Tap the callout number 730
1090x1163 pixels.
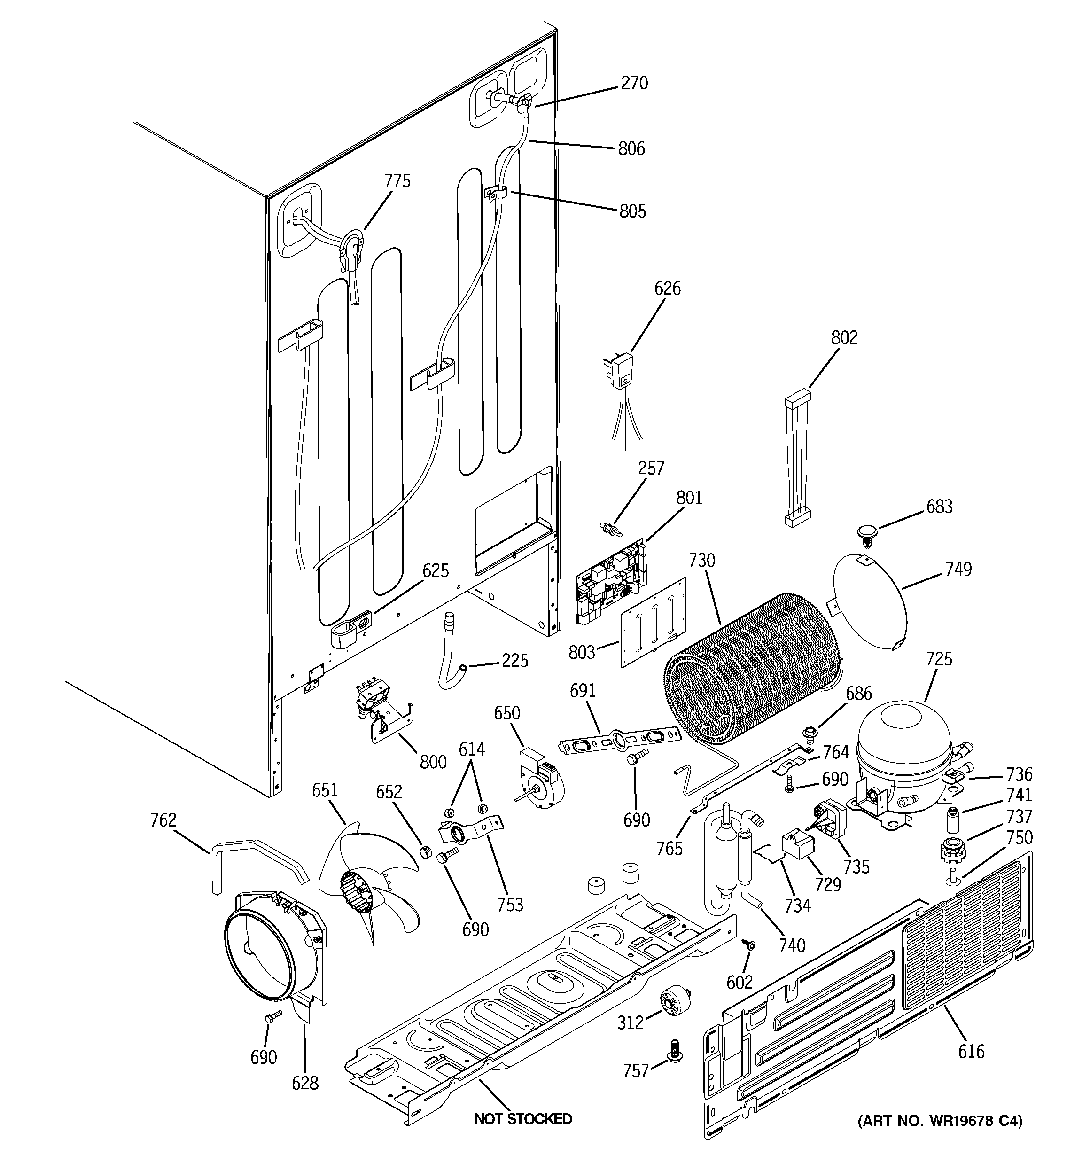pyautogui.click(x=701, y=561)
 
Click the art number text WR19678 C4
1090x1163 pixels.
pyautogui.click(x=940, y=1121)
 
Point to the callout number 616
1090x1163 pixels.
pyautogui.click(x=971, y=1051)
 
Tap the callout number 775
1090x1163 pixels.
pyautogui.click(x=397, y=181)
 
